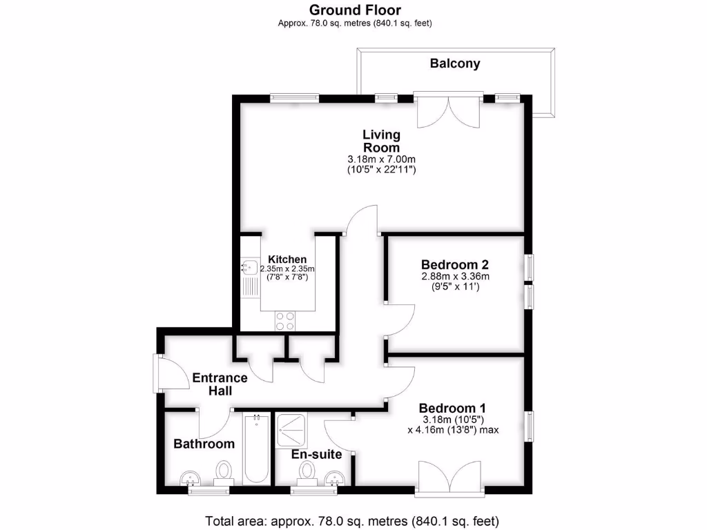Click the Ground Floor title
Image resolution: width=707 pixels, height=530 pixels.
tap(355, 10)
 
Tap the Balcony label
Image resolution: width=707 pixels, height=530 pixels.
tap(454, 63)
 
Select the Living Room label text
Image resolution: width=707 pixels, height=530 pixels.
tap(381, 141)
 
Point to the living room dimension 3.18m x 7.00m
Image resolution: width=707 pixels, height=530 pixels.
tap(381, 159)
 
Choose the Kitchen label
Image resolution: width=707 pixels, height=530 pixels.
tap(287, 259)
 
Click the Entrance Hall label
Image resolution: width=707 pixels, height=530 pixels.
tap(220, 384)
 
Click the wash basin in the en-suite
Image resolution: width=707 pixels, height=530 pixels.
tap(335, 478)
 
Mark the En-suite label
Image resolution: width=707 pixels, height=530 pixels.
tap(317, 454)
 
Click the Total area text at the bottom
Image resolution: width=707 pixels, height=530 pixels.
tap(352, 520)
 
